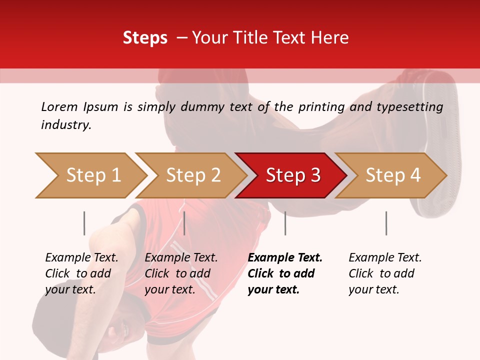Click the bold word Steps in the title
click(x=145, y=38)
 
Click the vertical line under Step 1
click(x=84, y=223)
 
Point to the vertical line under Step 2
click(x=184, y=223)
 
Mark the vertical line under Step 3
click(x=285, y=223)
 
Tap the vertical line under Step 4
click(x=386, y=223)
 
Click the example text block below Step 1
click(x=81, y=273)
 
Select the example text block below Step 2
click(x=181, y=273)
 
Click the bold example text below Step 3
click(x=285, y=273)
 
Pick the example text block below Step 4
click(x=385, y=273)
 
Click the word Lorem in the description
click(x=59, y=106)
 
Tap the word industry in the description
click(x=66, y=125)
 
